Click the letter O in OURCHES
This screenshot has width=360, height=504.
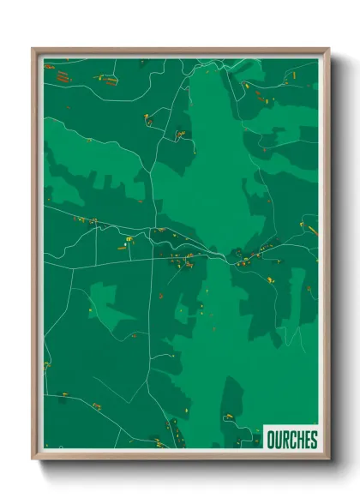271,441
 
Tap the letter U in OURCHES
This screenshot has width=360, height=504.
279,441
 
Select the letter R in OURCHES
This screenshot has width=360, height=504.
286,441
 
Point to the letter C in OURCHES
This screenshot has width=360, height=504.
294,441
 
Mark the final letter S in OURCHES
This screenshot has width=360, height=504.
315,441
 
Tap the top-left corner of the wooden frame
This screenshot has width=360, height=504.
33,50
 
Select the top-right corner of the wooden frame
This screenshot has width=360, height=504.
327,50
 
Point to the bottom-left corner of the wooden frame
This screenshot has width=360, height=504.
33,458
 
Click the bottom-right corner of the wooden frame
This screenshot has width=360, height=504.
327,458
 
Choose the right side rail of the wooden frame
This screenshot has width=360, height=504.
327,257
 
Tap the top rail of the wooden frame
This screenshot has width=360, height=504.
180,51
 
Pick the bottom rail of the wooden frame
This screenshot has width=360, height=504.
180,457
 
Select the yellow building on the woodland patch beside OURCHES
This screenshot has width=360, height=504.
229,417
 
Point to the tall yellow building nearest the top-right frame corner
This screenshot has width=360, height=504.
294,75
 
